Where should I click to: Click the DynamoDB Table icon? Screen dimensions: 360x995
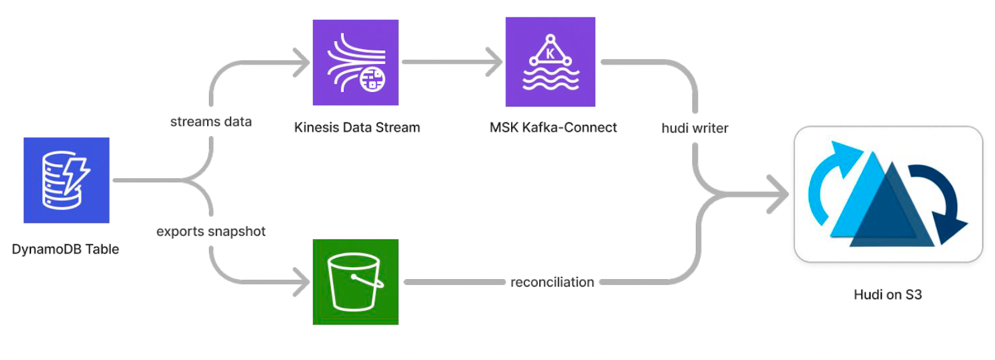(x=67, y=180)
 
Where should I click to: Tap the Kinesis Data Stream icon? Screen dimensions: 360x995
(x=356, y=62)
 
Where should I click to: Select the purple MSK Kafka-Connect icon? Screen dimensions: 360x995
(x=550, y=62)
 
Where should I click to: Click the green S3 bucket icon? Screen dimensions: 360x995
(x=356, y=282)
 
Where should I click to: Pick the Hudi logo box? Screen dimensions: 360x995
(x=888, y=194)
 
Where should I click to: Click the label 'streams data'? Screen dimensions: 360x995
(x=211, y=122)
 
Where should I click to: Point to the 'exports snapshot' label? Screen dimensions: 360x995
(x=211, y=231)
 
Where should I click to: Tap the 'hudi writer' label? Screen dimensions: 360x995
(x=695, y=128)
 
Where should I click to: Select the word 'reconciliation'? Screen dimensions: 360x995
(x=552, y=282)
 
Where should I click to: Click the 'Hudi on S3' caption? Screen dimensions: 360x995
(x=887, y=295)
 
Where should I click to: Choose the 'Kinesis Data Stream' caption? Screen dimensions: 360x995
(x=357, y=127)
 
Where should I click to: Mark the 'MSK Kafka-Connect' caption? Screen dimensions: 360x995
(x=553, y=127)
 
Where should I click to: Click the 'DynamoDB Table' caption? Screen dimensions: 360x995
(x=65, y=249)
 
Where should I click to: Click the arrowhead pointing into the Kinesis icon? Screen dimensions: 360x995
(x=303, y=62)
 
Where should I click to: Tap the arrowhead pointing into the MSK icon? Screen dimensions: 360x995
(x=496, y=62)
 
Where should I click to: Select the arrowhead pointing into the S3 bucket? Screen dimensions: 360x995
(x=303, y=282)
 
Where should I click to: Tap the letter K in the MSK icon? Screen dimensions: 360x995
(x=550, y=54)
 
